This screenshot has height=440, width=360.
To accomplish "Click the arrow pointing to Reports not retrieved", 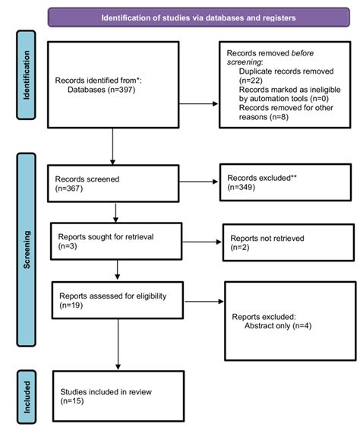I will pyautogui.click(x=201, y=242).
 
